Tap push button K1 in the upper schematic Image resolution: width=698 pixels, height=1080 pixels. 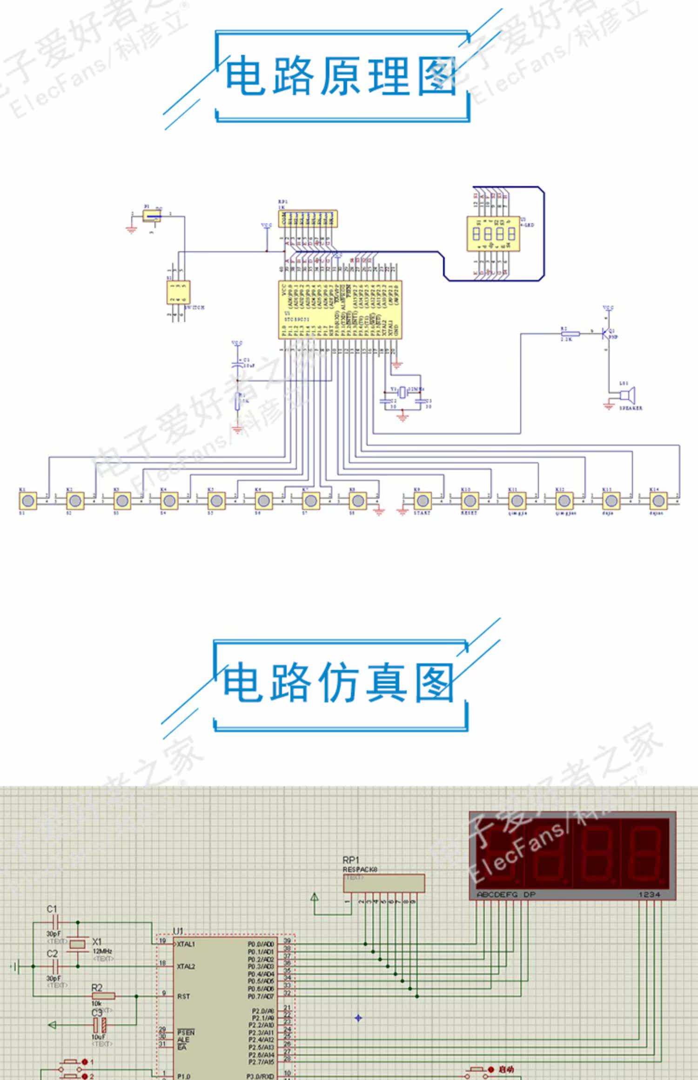click(x=28, y=501)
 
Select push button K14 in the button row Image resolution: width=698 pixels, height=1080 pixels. click(x=658, y=501)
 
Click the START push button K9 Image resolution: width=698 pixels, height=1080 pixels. click(x=423, y=501)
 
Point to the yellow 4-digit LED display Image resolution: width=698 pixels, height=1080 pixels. click(x=493, y=233)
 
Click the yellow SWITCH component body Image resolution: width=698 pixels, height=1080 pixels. click(x=178, y=292)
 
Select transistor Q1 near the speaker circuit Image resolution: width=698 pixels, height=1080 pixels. click(x=606, y=333)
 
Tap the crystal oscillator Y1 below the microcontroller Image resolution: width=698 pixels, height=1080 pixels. click(x=403, y=392)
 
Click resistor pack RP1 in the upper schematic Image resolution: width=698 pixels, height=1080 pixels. click(x=308, y=219)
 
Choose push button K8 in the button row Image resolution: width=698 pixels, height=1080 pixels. click(x=358, y=501)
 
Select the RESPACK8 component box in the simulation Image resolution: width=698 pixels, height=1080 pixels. click(x=384, y=883)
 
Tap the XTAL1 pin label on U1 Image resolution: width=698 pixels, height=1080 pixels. click(x=186, y=944)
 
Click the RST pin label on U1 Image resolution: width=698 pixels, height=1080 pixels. click(x=183, y=996)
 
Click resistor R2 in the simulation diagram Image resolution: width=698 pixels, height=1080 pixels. click(x=103, y=996)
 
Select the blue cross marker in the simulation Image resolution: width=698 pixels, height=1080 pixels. click(x=358, y=1018)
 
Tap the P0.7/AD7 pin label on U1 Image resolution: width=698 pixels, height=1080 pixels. click(x=261, y=996)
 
